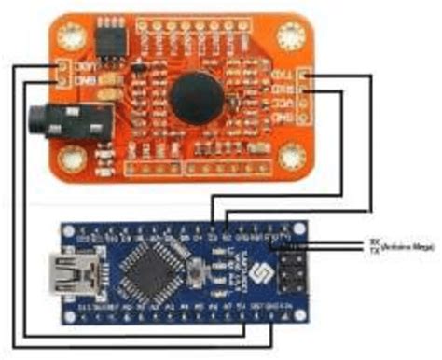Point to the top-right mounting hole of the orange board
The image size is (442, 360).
click(x=299, y=35)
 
